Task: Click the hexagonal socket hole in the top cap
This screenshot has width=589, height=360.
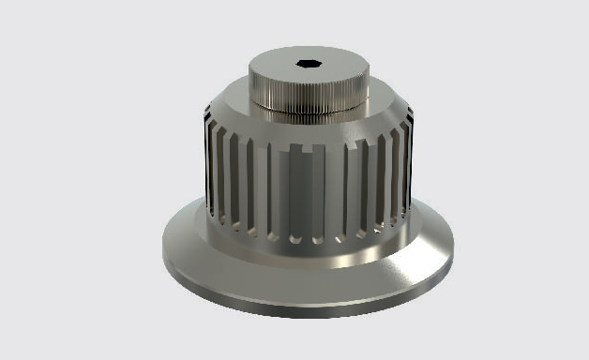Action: (x=308, y=65)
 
